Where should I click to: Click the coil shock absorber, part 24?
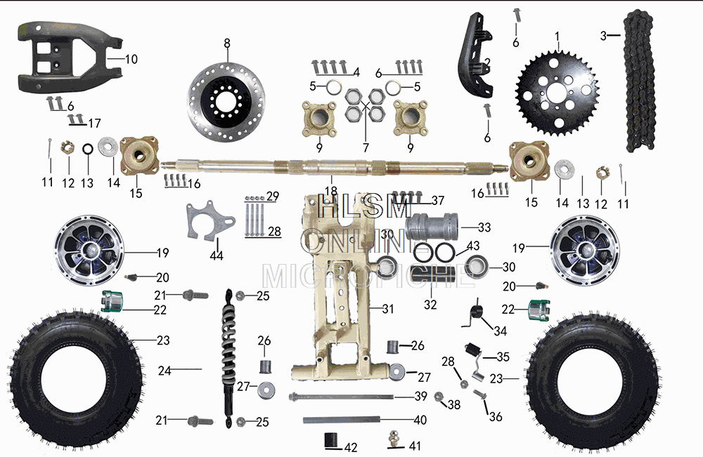(230, 358)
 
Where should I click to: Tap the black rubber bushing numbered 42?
(330, 441)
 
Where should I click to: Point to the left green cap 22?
(112, 302)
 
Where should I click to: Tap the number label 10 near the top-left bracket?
(131, 59)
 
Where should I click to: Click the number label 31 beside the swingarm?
(389, 308)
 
